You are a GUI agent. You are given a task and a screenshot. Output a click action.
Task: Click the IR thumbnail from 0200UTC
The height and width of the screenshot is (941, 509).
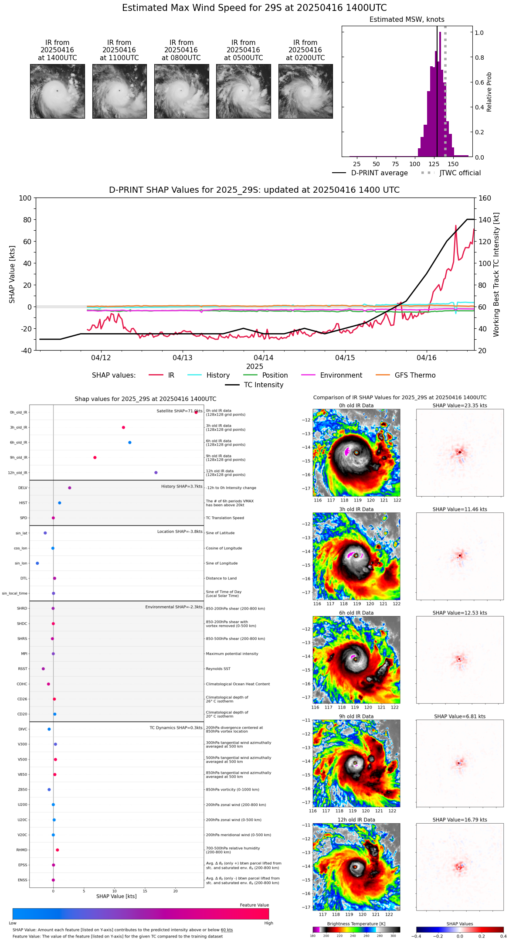305,91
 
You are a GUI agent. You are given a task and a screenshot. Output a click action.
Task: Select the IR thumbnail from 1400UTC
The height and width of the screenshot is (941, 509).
58,91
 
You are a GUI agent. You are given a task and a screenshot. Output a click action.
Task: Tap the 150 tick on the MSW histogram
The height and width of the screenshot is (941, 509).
453,164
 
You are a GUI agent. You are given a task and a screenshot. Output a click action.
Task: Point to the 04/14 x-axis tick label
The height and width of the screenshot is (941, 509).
264,358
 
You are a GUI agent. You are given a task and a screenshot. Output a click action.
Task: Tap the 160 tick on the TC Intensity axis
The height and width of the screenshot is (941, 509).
485,198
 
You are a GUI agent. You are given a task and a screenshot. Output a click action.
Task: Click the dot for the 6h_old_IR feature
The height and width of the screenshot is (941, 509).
130,443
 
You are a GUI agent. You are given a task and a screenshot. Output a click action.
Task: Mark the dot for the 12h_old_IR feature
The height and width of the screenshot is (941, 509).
156,473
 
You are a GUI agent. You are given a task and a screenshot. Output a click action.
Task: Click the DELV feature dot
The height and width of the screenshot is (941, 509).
70,488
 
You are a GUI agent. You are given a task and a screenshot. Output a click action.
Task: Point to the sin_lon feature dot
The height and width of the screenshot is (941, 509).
37,563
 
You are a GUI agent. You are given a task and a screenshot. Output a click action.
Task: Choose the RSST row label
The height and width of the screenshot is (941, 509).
23,669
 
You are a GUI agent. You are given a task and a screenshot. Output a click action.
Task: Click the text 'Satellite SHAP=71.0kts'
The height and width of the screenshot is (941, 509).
179,411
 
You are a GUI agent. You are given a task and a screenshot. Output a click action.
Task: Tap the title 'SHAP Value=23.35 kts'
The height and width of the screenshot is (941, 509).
460,406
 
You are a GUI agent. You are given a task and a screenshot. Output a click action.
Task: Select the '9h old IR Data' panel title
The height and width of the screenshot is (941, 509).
356,716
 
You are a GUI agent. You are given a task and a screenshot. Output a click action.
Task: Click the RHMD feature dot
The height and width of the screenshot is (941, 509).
58,850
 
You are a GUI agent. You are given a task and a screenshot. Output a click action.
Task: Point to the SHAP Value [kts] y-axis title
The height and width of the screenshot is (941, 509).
12,274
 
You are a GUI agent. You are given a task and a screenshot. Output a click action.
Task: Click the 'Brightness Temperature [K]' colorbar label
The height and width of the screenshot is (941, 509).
356,924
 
